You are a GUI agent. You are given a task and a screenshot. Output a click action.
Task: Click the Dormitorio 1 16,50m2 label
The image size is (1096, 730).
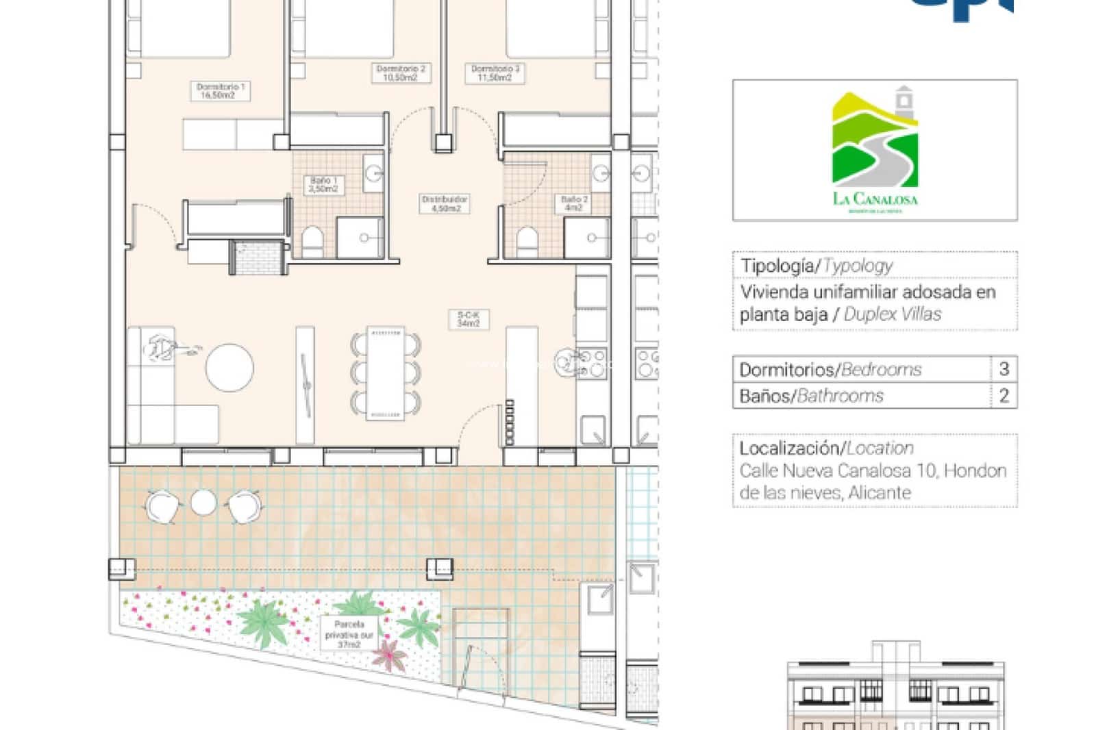tap(220, 91)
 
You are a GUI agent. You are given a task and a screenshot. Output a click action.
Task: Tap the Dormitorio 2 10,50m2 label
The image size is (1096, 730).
tap(401, 73)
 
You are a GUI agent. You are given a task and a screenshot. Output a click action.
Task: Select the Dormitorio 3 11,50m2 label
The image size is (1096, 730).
tap(495, 73)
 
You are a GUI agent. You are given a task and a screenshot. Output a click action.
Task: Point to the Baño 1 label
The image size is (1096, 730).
tap(323, 184)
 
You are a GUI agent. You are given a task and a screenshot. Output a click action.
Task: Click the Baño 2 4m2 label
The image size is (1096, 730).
tap(574, 203)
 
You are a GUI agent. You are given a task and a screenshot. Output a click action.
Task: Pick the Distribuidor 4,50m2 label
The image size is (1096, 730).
tap(445, 203)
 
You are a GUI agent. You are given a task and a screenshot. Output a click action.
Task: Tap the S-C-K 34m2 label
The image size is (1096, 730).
tap(469, 319)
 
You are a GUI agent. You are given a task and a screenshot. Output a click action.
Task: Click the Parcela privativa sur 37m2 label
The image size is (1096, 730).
tap(349, 634)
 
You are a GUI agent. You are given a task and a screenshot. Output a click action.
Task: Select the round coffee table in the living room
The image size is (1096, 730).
tap(229, 368)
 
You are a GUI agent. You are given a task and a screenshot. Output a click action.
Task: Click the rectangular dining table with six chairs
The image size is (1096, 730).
tap(385, 373)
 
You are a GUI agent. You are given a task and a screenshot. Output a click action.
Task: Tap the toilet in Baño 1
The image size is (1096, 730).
tap(313, 240)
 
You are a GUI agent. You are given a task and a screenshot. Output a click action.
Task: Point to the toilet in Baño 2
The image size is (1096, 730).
tap(526, 240)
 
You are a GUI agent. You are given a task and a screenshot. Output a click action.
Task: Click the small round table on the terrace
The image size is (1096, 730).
tap(203, 503)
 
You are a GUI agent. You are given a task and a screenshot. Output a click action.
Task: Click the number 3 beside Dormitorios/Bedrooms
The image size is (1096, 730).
tap(1004, 369)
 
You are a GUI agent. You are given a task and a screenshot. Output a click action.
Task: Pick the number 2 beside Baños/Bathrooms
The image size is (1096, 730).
tap(1004, 395)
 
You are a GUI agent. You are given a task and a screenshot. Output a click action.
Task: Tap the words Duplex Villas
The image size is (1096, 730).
tap(893, 314)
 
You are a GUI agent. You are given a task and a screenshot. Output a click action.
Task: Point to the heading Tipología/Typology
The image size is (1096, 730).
tap(817, 266)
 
